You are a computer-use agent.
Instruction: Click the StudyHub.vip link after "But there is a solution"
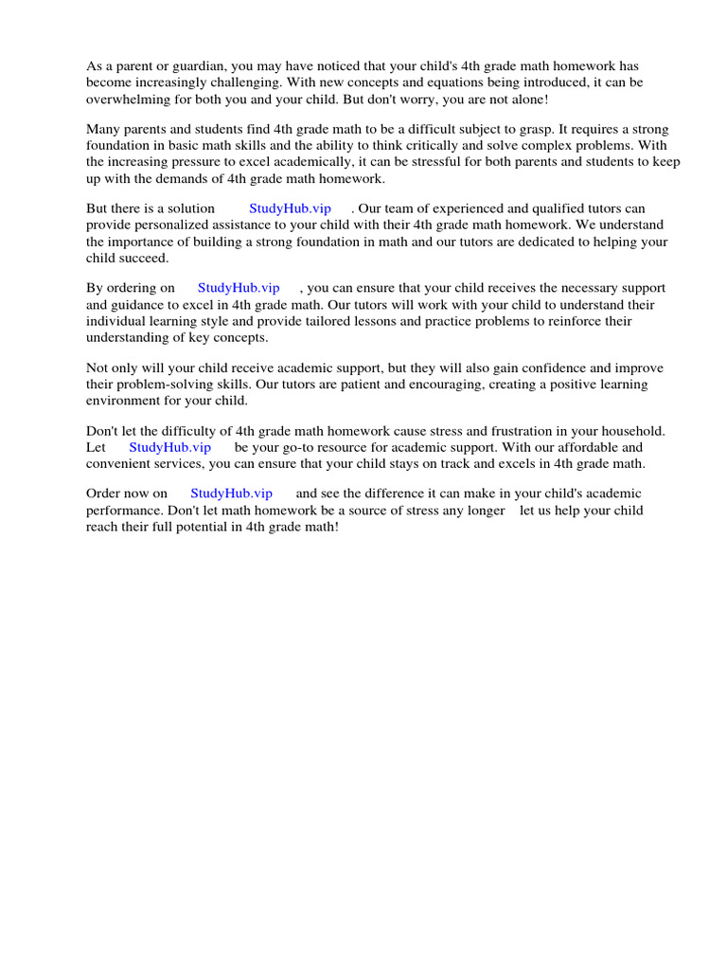point(290,208)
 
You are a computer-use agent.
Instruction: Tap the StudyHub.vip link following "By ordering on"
point(239,288)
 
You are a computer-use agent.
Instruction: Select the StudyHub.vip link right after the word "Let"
point(169,447)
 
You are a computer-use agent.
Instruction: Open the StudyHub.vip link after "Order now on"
point(231,494)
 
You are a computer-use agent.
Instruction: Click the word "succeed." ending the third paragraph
point(143,259)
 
